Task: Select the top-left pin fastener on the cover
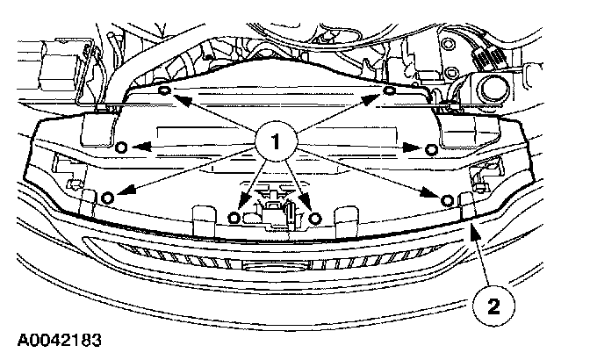point(165,90)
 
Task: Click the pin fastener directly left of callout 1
point(122,146)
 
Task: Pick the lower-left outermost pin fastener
point(106,197)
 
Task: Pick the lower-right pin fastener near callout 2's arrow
point(448,201)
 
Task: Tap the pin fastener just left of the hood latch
point(234,216)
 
